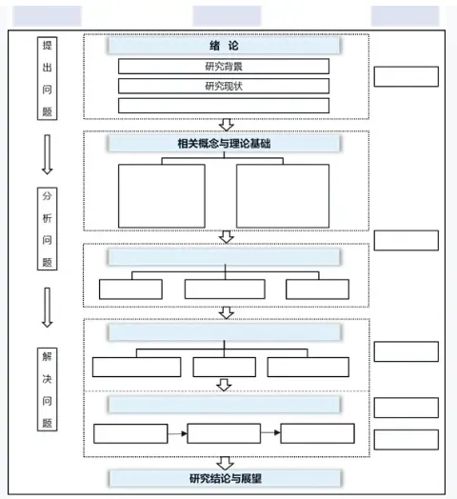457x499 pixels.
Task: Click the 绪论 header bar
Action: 224,46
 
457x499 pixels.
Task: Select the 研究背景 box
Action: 224,67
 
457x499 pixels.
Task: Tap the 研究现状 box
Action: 224,86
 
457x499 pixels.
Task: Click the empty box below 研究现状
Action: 224,106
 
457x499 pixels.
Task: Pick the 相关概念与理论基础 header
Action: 224,144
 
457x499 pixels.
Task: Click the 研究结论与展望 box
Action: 225,478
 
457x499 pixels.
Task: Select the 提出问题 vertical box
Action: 47,78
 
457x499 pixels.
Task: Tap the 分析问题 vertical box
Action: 47,229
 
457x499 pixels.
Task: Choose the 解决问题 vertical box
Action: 47,389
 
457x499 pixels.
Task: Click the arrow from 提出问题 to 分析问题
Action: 47,154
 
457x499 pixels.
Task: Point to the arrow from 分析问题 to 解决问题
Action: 47,308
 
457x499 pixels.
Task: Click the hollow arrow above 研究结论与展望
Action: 226,464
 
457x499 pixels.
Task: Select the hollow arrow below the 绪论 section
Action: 227,125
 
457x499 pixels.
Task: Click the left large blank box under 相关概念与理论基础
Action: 162,196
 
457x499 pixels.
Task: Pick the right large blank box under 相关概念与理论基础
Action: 283,196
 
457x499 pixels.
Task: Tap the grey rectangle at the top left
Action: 47,16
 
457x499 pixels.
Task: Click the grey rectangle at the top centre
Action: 227,16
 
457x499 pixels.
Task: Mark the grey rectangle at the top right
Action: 406,16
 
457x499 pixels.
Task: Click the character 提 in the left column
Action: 47,45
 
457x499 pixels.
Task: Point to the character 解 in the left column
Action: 47,356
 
